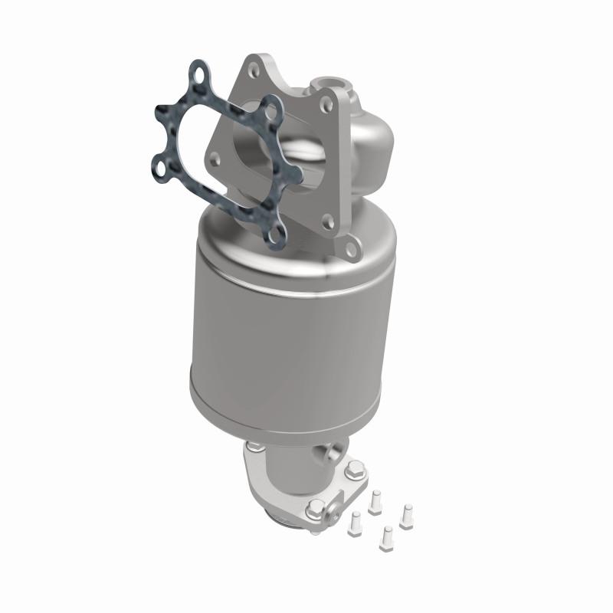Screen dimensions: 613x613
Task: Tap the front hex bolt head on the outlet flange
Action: pyautogui.click(x=316, y=508)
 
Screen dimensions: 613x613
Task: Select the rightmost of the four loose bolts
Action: pyautogui.click(x=406, y=511)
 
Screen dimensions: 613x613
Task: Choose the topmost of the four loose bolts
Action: pyautogui.click(x=375, y=500)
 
